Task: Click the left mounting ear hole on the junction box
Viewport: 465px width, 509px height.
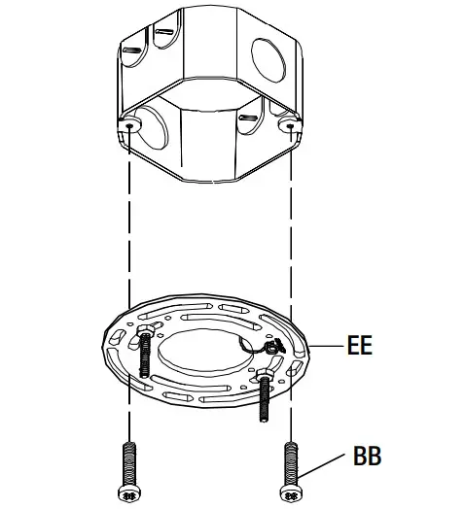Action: point(129,124)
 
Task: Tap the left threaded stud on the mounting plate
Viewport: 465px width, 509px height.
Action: point(143,359)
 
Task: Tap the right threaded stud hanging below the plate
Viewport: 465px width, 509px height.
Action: point(263,399)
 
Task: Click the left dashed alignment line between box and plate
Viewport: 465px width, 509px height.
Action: point(129,223)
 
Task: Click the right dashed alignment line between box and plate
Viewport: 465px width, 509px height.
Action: point(292,223)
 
